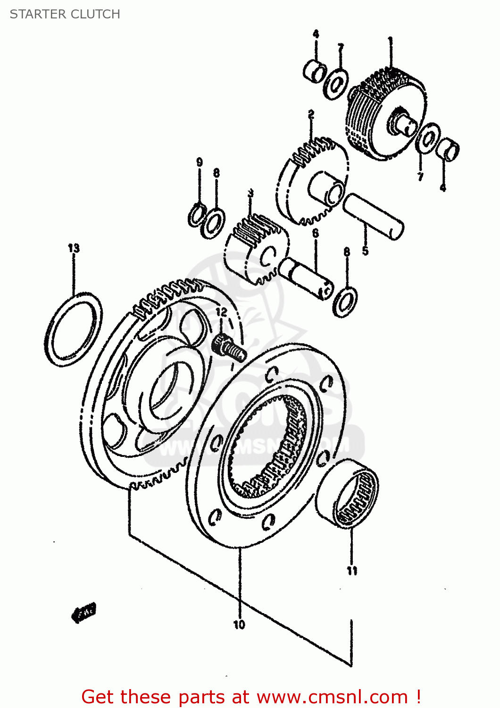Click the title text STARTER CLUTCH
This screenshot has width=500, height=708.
[x=65, y=14]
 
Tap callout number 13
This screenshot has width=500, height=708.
[x=74, y=248]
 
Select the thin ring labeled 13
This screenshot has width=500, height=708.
[x=74, y=329]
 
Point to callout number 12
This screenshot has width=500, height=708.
[x=221, y=312]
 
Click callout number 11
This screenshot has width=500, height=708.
[x=352, y=571]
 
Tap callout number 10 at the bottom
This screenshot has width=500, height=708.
[x=239, y=624]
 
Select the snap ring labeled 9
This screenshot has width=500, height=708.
[x=196, y=214]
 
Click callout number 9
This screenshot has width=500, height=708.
[x=200, y=162]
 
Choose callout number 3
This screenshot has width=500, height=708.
[x=250, y=193]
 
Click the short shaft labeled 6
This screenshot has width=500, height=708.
[x=307, y=279]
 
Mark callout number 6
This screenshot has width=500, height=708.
[x=315, y=233]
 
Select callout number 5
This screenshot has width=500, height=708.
[x=365, y=251]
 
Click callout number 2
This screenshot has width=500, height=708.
[x=311, y=114]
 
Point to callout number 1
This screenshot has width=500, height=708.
[x=390, y=41]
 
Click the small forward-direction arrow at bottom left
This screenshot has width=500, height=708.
[x=84, y=613]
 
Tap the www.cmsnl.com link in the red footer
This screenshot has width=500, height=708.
[x=332, y=697]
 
